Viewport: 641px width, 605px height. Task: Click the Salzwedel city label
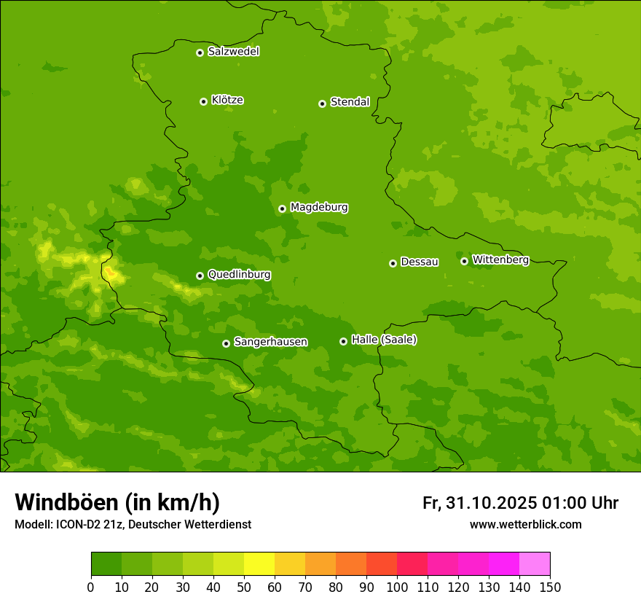point(233,52)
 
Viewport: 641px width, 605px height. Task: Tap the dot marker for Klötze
point(203,101)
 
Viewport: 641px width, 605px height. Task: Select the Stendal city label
point(350,102)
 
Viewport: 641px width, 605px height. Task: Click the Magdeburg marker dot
point(282,208)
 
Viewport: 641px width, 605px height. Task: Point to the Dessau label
point(420,262)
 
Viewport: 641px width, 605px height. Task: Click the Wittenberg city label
point(500,259)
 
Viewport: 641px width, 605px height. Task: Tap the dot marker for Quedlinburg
point(200,276)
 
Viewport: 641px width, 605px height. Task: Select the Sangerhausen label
point(270,342)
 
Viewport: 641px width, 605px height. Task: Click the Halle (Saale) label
point(384,340)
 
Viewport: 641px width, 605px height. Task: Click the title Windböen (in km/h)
point(117,502)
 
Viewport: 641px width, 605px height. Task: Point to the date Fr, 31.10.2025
point(479,503)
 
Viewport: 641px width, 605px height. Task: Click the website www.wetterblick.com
point(525,525)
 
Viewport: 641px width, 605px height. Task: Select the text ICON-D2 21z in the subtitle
point(89,525)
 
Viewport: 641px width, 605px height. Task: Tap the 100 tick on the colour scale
point(397,587)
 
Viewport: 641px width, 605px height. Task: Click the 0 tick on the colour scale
point(91,587)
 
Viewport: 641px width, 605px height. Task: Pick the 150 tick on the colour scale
point(550,587)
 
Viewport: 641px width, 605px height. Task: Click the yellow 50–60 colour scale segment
point(259,564)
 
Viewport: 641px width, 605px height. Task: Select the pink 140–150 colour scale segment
point(535,564)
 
